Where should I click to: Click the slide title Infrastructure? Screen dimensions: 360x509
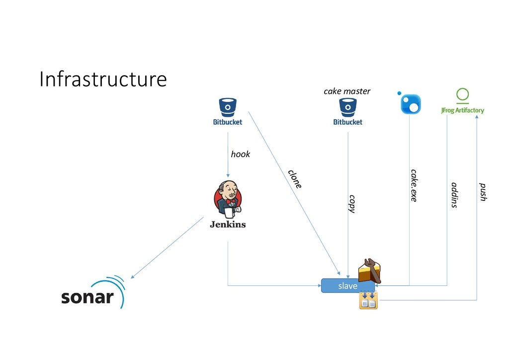coord(103,79)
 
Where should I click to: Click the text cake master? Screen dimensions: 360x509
coord(347,91)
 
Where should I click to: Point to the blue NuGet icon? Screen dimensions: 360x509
coord(411,103)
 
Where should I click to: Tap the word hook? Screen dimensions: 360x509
coord(241,154)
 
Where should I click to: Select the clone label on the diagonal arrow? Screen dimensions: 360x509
coord(295,179)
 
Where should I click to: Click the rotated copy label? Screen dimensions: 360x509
coord(352,204)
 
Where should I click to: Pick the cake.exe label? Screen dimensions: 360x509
coord(414,185)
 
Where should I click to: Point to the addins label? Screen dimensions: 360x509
coord(453,195)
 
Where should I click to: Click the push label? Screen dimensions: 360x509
coord(482,192)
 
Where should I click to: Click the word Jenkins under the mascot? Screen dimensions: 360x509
coord(228,224)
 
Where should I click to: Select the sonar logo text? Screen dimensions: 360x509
coord(87,297)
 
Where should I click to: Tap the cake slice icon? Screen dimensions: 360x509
coord(370,271)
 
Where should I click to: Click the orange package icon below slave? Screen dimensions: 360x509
coord(368,301)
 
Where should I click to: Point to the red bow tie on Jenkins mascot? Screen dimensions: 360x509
coord(230,201)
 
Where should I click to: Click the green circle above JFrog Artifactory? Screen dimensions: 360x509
coord(462,94)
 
